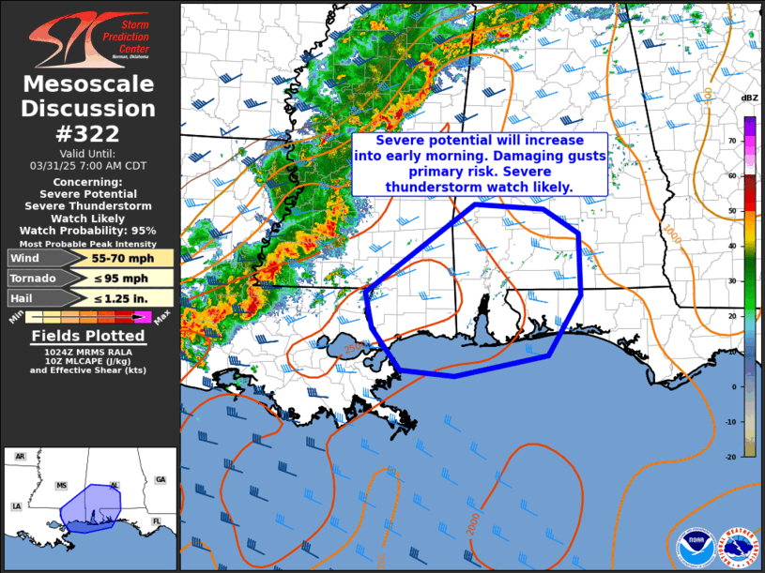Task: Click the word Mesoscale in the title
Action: tap(88, 85)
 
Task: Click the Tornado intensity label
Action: tap(32, 279)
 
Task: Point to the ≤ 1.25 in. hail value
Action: tap(116, 298)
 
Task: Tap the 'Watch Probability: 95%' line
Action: tap(88, 230)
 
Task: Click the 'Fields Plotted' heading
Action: tap(88, 336)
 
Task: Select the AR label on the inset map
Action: tap(20, 457)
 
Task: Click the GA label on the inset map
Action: tap(160, 479)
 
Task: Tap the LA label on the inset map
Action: tap(16, 506)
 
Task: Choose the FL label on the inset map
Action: tap(156, 521)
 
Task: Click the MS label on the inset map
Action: tap(62, 486)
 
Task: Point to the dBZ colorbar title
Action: tap(749, 98)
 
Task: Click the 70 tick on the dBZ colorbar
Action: tap(731, 140)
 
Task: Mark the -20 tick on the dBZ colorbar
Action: tap(731, 457)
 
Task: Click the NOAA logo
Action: tap(695, 547)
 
